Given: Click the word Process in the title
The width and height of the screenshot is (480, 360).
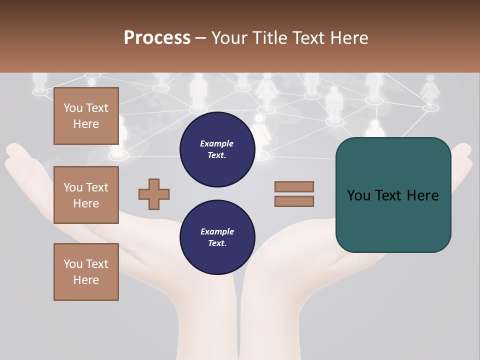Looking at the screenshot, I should (x=157, y=38).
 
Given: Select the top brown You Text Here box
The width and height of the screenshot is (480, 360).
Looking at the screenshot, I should (x=86, y=116).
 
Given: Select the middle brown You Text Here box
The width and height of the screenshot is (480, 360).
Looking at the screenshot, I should (x=86, y=195).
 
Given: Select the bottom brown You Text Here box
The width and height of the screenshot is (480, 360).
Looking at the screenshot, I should (x=86, y=271).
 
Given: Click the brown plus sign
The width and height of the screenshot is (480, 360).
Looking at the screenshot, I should (x=154, y=193).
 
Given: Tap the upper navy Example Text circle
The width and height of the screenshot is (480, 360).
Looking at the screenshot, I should (x=217, y=149).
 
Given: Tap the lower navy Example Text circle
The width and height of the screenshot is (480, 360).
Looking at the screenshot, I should (x=217, y=237).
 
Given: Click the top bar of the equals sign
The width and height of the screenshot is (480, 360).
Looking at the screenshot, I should (x=294, y=186).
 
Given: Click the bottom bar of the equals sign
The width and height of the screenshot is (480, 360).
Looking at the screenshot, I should (x=294, y=201).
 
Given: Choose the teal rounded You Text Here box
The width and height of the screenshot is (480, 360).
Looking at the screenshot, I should (x=393, y=195).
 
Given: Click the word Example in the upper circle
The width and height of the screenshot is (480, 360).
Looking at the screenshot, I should (x=217, y=143).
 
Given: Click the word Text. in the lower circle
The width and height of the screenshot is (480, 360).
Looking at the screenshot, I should (x=217, y=243).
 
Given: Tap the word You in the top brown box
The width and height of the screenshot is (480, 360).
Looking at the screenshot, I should (x=73, y=108).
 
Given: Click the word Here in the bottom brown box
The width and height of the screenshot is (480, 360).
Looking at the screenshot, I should (x=86, y=280).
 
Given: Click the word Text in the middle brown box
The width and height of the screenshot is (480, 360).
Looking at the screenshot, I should (x=97, y=187).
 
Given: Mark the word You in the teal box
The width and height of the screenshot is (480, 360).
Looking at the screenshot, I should (x=358, y=195).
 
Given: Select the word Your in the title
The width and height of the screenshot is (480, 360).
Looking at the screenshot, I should (x=229, y=38).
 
